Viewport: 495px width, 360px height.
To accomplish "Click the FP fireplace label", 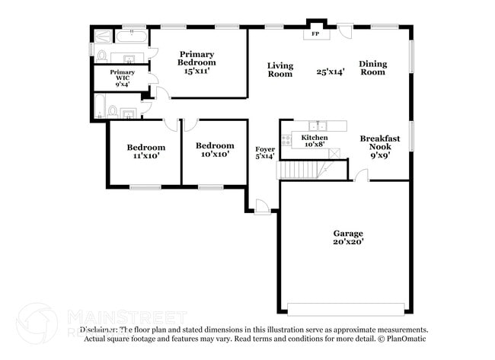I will [x=315, y=34].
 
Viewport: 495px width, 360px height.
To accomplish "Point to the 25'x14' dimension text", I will [x=331, y=72].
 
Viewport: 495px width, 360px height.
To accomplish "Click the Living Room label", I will [x=279, y=69].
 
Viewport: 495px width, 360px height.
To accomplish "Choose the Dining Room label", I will [x=372, y=68].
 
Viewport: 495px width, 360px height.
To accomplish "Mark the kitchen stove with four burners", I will [x=286, y=139].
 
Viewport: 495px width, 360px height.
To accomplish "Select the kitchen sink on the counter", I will [x=317, y=126].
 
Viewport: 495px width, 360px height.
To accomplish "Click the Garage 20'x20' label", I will [x=347, y=237].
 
